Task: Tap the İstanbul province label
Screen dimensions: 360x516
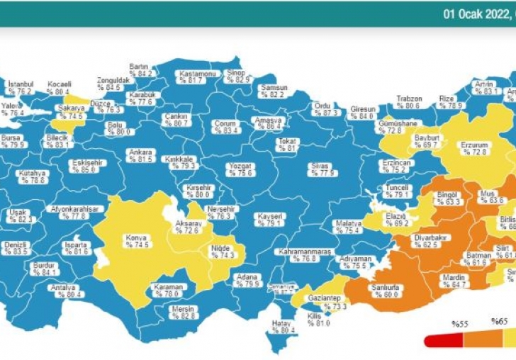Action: [21, 84]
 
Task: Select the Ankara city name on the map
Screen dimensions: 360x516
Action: [140, 152]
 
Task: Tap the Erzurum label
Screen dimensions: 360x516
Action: [474, 145]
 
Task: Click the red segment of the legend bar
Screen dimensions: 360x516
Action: [443, 341]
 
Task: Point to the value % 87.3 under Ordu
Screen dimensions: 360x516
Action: [325, 113]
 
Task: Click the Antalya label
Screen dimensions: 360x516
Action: [62, 287]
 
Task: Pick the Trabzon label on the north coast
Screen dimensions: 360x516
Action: [408, 99]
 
